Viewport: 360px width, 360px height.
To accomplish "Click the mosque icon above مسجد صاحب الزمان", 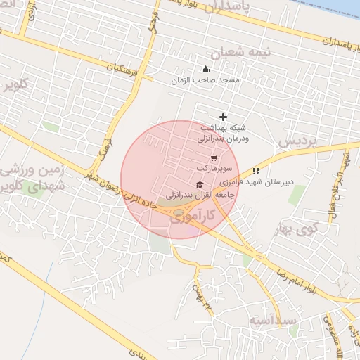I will click(205, 69).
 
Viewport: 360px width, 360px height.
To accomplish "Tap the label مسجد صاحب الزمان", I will click(205, 81).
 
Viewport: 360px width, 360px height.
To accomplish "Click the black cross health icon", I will click(224, 117).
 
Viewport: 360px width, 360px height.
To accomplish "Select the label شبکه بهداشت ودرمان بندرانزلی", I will click(225, 134).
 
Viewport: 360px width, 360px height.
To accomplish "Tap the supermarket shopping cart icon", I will click(214, 157).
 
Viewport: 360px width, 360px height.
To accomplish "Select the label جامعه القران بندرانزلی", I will click(199, 193).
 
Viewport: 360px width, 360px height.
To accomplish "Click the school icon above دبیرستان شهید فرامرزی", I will click(256, 170).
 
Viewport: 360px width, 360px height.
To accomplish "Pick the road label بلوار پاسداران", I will click(316, 34).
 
